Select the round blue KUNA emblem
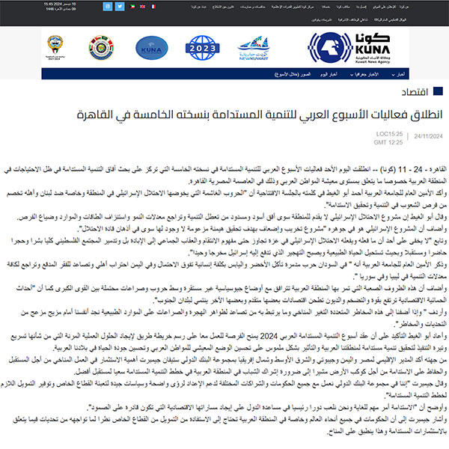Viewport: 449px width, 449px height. [x=145, y=49]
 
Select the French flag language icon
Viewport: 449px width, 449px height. [x=152, y=5]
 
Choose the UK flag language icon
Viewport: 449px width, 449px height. [x=141, y=5]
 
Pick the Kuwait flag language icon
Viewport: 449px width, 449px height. [x=131, y=5]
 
